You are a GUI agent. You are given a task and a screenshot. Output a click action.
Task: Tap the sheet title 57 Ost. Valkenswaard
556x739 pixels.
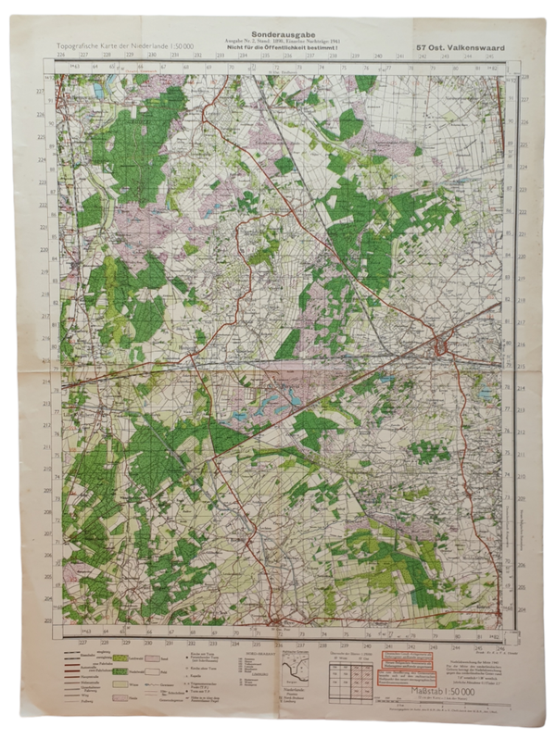(461, 46)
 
